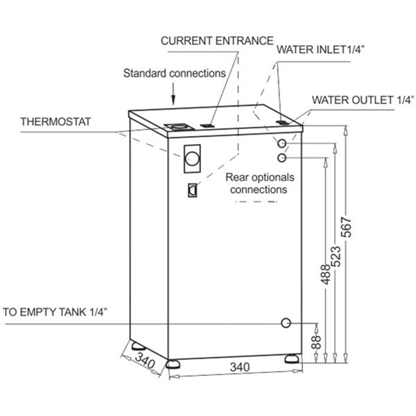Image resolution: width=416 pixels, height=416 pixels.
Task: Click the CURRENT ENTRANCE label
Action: pyautogui.click(x=217, y=40)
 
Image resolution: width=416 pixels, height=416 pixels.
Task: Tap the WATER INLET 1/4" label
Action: pyautogui.click(x=322, y=49)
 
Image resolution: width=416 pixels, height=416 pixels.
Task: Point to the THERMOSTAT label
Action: pyautogui.click(x=57, y=121)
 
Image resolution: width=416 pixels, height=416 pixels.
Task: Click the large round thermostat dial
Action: pyautogui.click(x=192, y=159)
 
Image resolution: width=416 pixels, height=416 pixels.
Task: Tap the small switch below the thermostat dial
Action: pyautogui.click(x=192, y=189)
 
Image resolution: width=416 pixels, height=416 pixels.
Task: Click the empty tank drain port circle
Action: pyautogui.click(x=285, y=323)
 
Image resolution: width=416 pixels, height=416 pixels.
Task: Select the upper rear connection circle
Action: pyautogui.click(x=282, y=144)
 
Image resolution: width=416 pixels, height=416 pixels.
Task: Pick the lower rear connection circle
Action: pyautogui.click(x=281, y=158)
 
